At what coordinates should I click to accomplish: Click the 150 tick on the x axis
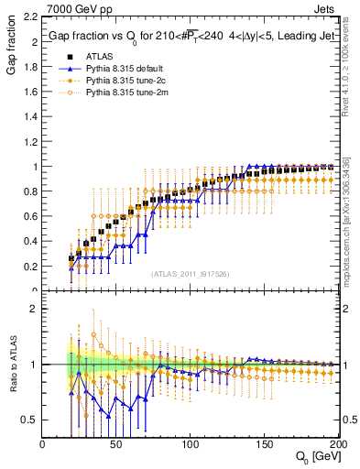pyautogui.click(x=264, y=444)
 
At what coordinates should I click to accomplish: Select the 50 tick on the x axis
pyautogui.click(x=115, y=444)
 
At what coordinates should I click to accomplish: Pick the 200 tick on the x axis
pyautogui.click(x=335, y=444)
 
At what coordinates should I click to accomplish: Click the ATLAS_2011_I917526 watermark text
pyautogui.click(x=189, y=273)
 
